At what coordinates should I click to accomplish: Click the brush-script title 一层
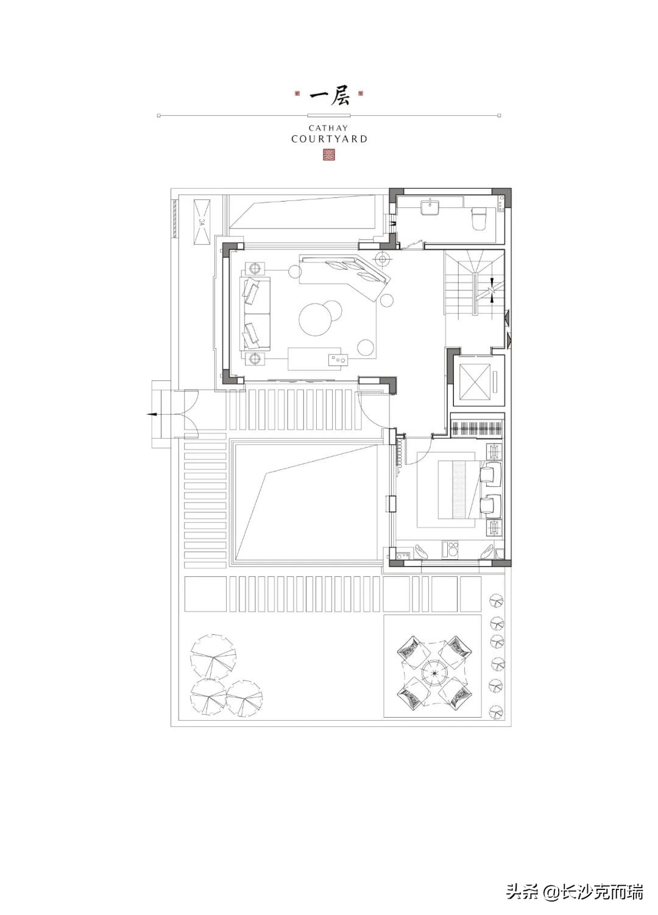click(x=329, y=97)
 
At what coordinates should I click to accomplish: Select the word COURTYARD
click(x=329, y=139)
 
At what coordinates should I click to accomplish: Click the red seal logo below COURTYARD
click(x=329, y=155)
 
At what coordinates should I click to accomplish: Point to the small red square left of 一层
click(x=297, y=93)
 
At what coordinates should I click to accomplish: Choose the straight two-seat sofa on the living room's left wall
click(x=257, y=314)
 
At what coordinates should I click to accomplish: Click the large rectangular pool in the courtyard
click(x=308, y=503)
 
